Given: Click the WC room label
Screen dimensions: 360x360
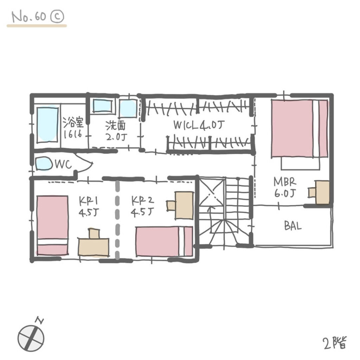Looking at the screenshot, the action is coord(63,165).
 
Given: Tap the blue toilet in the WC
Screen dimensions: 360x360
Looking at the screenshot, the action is coord(44,164).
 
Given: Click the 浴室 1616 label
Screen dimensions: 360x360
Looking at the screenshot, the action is coord(73,128).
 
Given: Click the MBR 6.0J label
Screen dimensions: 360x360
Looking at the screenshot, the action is coord(285,187).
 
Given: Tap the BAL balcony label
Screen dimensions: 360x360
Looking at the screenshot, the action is coord(293,226).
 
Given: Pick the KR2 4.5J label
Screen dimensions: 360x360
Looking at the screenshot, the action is coord(143,206).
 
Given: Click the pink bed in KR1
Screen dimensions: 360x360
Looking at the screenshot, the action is coord(52,225).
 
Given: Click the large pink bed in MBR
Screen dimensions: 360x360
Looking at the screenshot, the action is coord(300,129).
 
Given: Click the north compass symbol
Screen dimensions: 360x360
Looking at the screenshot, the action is coord(31,337).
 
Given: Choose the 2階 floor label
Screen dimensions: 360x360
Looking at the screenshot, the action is coord(335,343).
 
